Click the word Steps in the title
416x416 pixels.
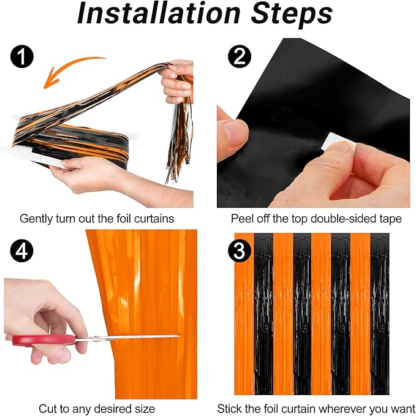pos(292,15)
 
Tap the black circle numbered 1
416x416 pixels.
pos(22,56)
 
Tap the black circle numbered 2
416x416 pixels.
pos(240,56)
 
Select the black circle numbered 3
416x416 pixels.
pos(240,251)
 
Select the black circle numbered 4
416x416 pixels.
pos(22,251)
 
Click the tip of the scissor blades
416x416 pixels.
pos(180,336)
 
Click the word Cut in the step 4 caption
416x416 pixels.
pos(47,409)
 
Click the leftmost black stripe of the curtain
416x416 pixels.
pos(263,314)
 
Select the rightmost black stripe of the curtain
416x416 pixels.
pos(380,314)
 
